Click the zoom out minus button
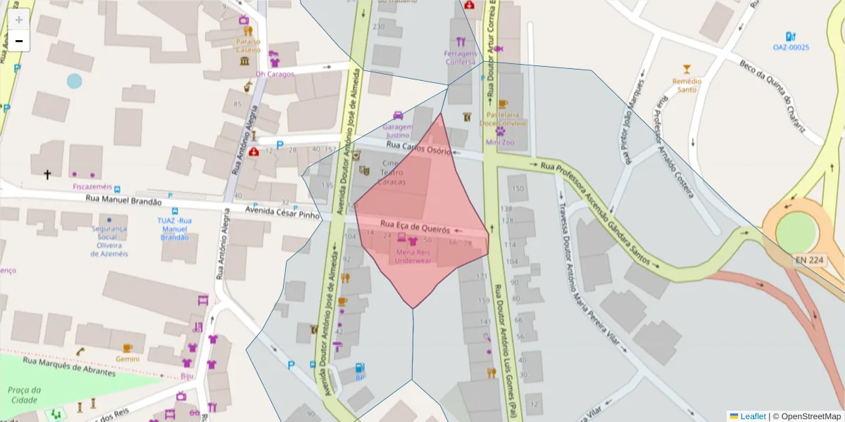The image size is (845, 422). click(19, 41)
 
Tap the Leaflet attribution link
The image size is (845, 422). click(753, 416)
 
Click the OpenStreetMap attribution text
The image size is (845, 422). click(806, 416)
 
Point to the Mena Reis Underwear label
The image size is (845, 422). click(413, 256)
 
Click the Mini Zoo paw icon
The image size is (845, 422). click(501, 131)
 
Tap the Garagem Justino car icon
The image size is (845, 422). click(398, 116)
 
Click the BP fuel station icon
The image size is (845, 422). click(360, 367)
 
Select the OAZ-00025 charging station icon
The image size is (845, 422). click(790, 37)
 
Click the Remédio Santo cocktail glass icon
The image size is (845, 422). click(687, 69)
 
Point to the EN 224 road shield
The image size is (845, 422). click(809, 260)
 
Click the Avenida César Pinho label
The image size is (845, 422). click(282, 212)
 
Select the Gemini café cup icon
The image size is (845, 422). click(127, 348)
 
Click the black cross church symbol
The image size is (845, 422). click(48, 174)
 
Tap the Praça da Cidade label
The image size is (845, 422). click(23, 395)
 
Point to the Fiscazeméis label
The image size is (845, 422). click(92, 186)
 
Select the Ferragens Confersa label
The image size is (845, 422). click(460, 58)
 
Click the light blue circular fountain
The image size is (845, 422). click(75, 81)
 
